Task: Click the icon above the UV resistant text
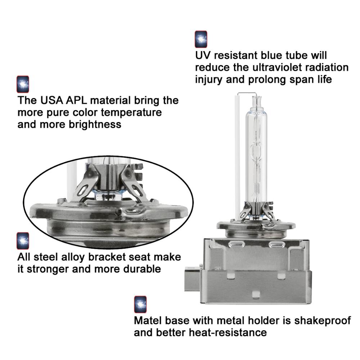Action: pyautogui.click(x=201, y=39)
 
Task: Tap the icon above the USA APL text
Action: pyautogui.click(x=23, y=84)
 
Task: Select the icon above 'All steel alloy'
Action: pyautogui.click(x=23, y=241)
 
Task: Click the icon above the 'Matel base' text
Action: pyautogui.click(x=140, y=305)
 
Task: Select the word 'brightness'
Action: pyautogui.click(x=95, y=125)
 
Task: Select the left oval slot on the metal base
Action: pyautogui.click(x=236, y=244)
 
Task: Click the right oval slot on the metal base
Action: pyautogui.click(x=276, y=244)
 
